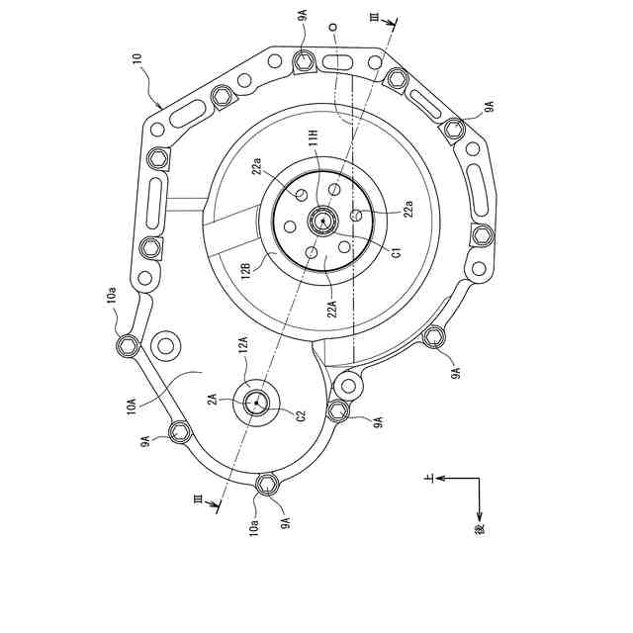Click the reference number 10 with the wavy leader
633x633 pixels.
tap(137, 60)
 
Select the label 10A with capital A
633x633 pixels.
tap(132, 405)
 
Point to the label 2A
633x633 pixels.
tap(213, 400)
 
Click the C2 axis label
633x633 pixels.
tap(302, 415)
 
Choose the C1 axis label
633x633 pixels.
tap(398, 253)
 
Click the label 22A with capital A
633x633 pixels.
tap(332, 306)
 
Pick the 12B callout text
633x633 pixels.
tap(247, 269)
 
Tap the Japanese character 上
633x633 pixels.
tap(429, 479)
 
